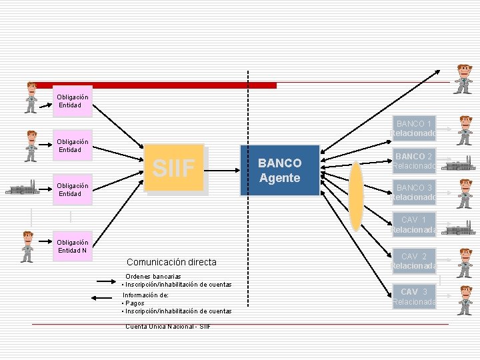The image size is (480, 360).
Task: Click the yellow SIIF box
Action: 174,168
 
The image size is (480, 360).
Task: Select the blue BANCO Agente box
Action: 280,170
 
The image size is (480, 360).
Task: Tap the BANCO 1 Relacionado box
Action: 413,129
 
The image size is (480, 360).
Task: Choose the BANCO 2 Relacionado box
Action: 413,161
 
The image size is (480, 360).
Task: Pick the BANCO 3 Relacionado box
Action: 413,192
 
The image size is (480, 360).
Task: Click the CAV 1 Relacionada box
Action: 413,225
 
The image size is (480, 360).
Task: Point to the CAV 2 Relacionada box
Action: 413,261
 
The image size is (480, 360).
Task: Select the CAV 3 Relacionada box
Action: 413,296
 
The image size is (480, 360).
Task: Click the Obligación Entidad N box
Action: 73,246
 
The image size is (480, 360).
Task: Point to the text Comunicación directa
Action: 171,262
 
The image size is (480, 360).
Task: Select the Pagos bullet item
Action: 135,303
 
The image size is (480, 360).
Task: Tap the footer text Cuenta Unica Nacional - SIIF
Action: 168,326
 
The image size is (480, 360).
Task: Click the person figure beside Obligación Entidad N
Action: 27,246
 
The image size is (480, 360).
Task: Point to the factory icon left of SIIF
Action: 21,187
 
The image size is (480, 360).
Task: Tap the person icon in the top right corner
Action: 463,79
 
